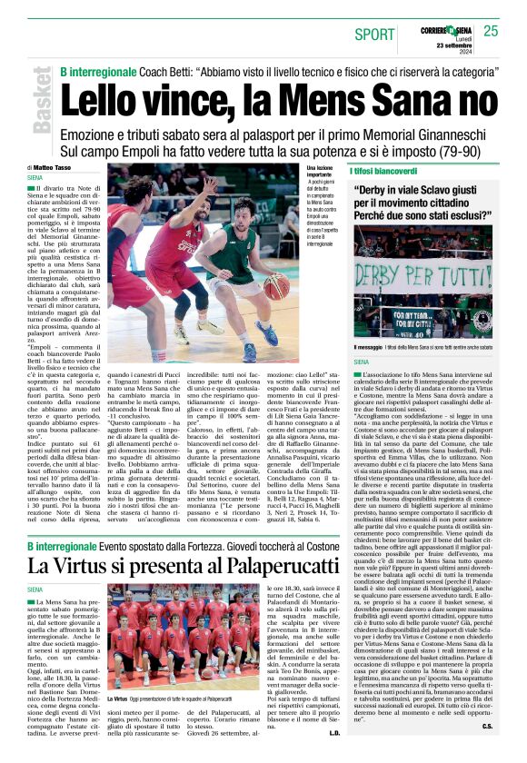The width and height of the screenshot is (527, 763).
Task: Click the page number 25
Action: point(491,31)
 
